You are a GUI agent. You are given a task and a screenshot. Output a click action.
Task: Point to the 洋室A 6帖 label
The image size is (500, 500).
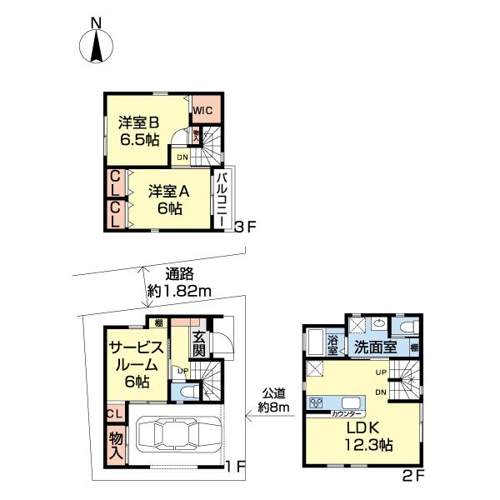tap(169, 199)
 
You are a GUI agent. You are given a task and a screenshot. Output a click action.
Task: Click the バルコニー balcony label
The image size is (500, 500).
tap(222, 199)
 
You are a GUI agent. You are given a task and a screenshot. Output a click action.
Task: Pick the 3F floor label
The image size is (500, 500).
tap(242, 227)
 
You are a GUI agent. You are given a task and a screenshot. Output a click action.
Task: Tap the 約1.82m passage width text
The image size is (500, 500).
tap(180, 291)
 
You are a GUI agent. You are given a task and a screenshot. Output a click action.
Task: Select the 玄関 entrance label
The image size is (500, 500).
tap(199, 344)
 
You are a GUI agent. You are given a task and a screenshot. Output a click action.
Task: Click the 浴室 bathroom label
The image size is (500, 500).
tap(332, 345)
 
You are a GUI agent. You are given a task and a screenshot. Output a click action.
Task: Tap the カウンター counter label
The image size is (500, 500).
tap(346, 412)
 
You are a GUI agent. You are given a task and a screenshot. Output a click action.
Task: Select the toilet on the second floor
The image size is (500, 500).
tap(407, 327)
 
